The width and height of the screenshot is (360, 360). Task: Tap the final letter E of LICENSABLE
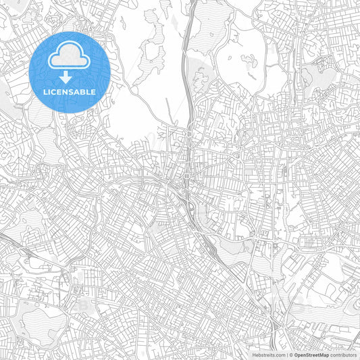(93, 91)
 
